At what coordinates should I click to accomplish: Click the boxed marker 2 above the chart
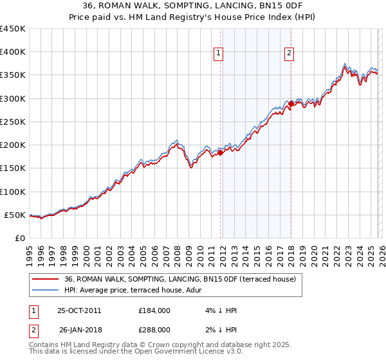(x=290, y=54)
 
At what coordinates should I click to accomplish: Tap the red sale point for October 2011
(x=220, y=152)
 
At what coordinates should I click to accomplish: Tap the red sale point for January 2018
(x=291, y=104)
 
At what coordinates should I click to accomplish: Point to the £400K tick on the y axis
(x=13, y=52)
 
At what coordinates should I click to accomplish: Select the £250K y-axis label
(x=13, y=122)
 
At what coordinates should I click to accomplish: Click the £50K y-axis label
(x=15, y=215)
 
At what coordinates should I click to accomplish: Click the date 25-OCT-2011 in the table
(x=79, y=310)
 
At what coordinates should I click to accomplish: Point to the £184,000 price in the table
(x=154, y=310)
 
